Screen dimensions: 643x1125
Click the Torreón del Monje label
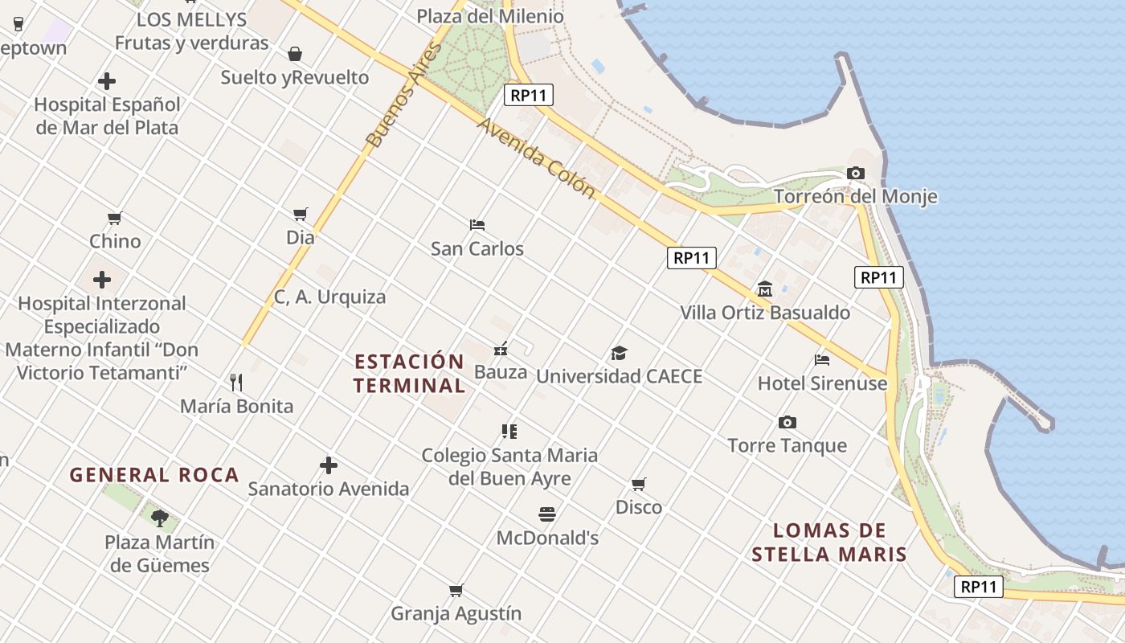tap(855, 196)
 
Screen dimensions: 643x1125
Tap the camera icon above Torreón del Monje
tap(855, 173)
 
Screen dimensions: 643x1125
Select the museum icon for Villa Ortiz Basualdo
tap(764, 289)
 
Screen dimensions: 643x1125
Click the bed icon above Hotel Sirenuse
tap(821, 360)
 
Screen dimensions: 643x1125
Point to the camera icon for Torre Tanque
tap(787, 422)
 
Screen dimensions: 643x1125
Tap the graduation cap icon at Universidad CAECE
tap(619, 353)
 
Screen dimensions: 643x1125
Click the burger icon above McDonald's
tap(547, 514)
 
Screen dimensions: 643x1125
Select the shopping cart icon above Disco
tap(638, 484)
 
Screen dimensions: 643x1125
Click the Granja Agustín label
tap(456, 613)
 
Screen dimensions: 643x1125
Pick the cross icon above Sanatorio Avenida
tap(328, 465)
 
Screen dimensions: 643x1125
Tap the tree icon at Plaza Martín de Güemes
tap(159, 518)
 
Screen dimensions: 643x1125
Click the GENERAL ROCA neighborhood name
tap(154, 474)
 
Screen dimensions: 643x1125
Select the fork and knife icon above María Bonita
tap(236, 382)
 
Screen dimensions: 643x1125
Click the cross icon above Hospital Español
tap(106, 81)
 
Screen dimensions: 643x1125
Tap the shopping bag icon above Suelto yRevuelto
tap(295, 54)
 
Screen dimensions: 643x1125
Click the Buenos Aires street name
tap(404, 95)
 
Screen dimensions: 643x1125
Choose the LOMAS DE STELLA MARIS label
tap(829, 543)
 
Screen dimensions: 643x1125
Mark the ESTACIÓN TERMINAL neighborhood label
tap(409, 373)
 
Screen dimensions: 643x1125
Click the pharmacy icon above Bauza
tap(501, 348)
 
